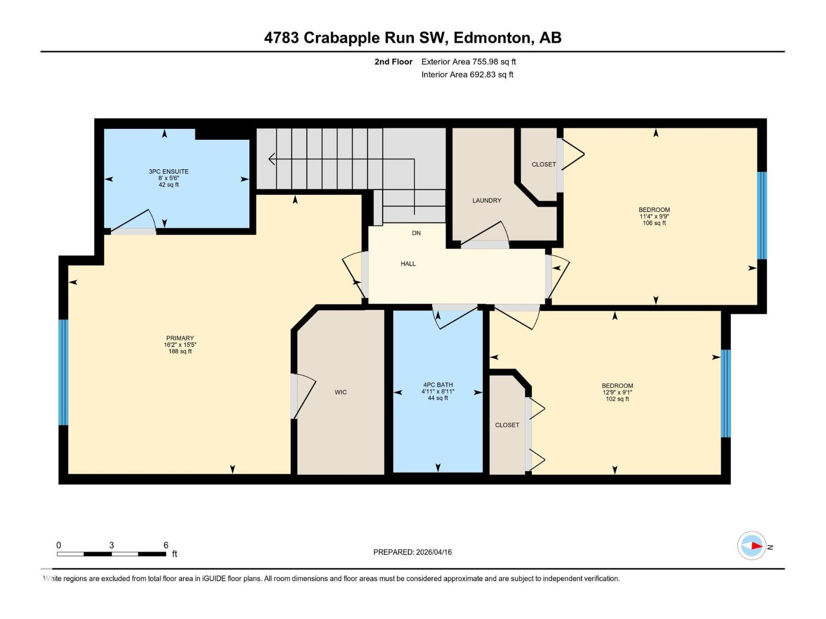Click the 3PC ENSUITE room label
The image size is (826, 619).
pyautogui.click(x=168, y=172)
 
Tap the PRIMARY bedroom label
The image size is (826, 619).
pyautogui.click(x=180, y=338)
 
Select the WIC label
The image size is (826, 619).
pyautogui.click(x=340, y=392)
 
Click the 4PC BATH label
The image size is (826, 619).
pyautogui.click(x=438, y=385)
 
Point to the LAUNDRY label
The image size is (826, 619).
pyautogui.click(x=486, y=201)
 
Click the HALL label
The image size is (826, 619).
pyautogui.click(x=408, y=264)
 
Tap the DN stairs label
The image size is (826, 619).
pyautogui.click(x=416, y=233)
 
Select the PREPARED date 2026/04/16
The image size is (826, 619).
pyautogui.click(x=412, y=552)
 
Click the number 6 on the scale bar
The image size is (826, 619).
pyautogui.click(x=166, y=545)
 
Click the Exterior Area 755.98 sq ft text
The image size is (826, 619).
pyautogui.click(x=468, y=62)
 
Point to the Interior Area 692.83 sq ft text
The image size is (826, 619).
pyautogui.click(x=467, y=75)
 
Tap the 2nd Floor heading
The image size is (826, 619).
pyautogui.click(x=393, y=62)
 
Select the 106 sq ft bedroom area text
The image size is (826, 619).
pyautogui.click(x=654, y=223)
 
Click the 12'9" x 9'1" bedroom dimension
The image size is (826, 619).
pyautogui.click(x=617, y=393)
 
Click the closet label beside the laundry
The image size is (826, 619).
pyautogui.click(x=544, y=165)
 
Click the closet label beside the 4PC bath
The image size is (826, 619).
pyautogui.click(x=507, y=425)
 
